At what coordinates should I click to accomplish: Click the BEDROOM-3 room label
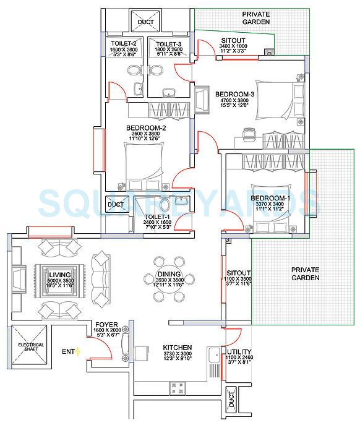pyautogui.click(x=231, y=94)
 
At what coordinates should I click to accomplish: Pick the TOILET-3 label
pyautogui.click(x=168, y=44)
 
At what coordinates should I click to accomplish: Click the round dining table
pyautogui.click(x=169, y=278)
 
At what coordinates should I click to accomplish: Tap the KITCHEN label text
pyautogui.click(x=177, y=347)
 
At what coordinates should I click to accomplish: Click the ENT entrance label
pyautogui.click(x=68, y=352)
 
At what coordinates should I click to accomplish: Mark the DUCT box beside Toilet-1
pyautogui.click(x=116, y=205)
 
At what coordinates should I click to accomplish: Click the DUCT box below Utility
pyautogui.click(x=231, y=399)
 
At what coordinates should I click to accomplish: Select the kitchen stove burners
pyautogui.click(x=177, y=388)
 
